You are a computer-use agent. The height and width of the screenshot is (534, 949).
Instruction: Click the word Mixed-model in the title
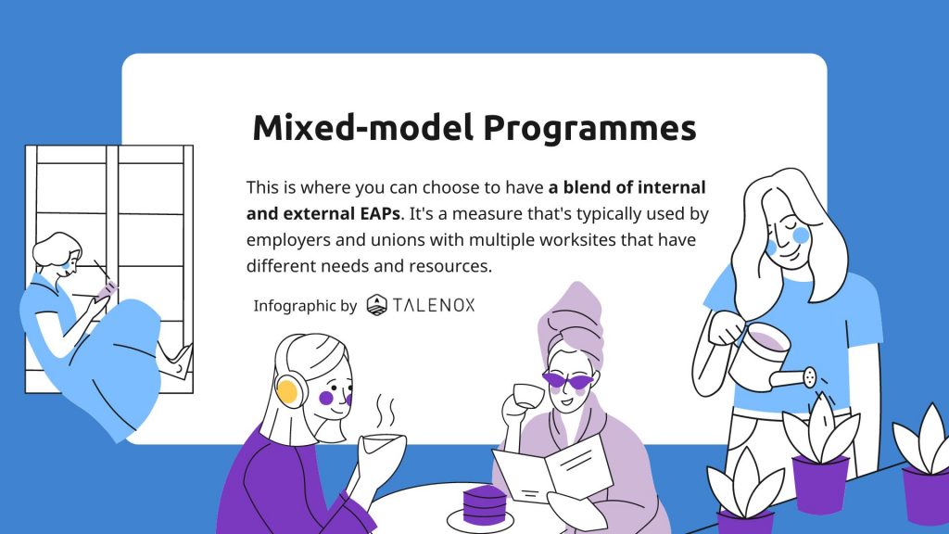point(362,127)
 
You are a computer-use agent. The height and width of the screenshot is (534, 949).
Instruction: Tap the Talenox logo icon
point(376,304)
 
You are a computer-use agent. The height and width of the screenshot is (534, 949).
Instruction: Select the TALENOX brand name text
point(434,304)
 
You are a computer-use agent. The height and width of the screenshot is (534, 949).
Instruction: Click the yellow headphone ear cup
point(287,390)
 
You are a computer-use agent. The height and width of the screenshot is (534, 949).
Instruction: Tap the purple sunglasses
point(568,380)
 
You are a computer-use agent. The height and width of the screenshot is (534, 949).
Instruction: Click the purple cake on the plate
point(484,504)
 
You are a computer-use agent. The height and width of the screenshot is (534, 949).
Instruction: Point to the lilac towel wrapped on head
point(572,321)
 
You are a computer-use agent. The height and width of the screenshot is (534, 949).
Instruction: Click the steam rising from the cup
point(386,411)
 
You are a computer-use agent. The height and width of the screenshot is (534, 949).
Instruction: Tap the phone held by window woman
point(108,290)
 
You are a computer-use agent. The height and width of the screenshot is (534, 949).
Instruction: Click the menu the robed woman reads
point(553,470)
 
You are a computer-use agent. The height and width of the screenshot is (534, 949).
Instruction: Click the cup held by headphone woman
point(384,449)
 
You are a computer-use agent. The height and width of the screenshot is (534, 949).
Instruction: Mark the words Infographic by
point(305,306)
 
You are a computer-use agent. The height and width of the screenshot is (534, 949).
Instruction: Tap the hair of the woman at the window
point(56,248)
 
